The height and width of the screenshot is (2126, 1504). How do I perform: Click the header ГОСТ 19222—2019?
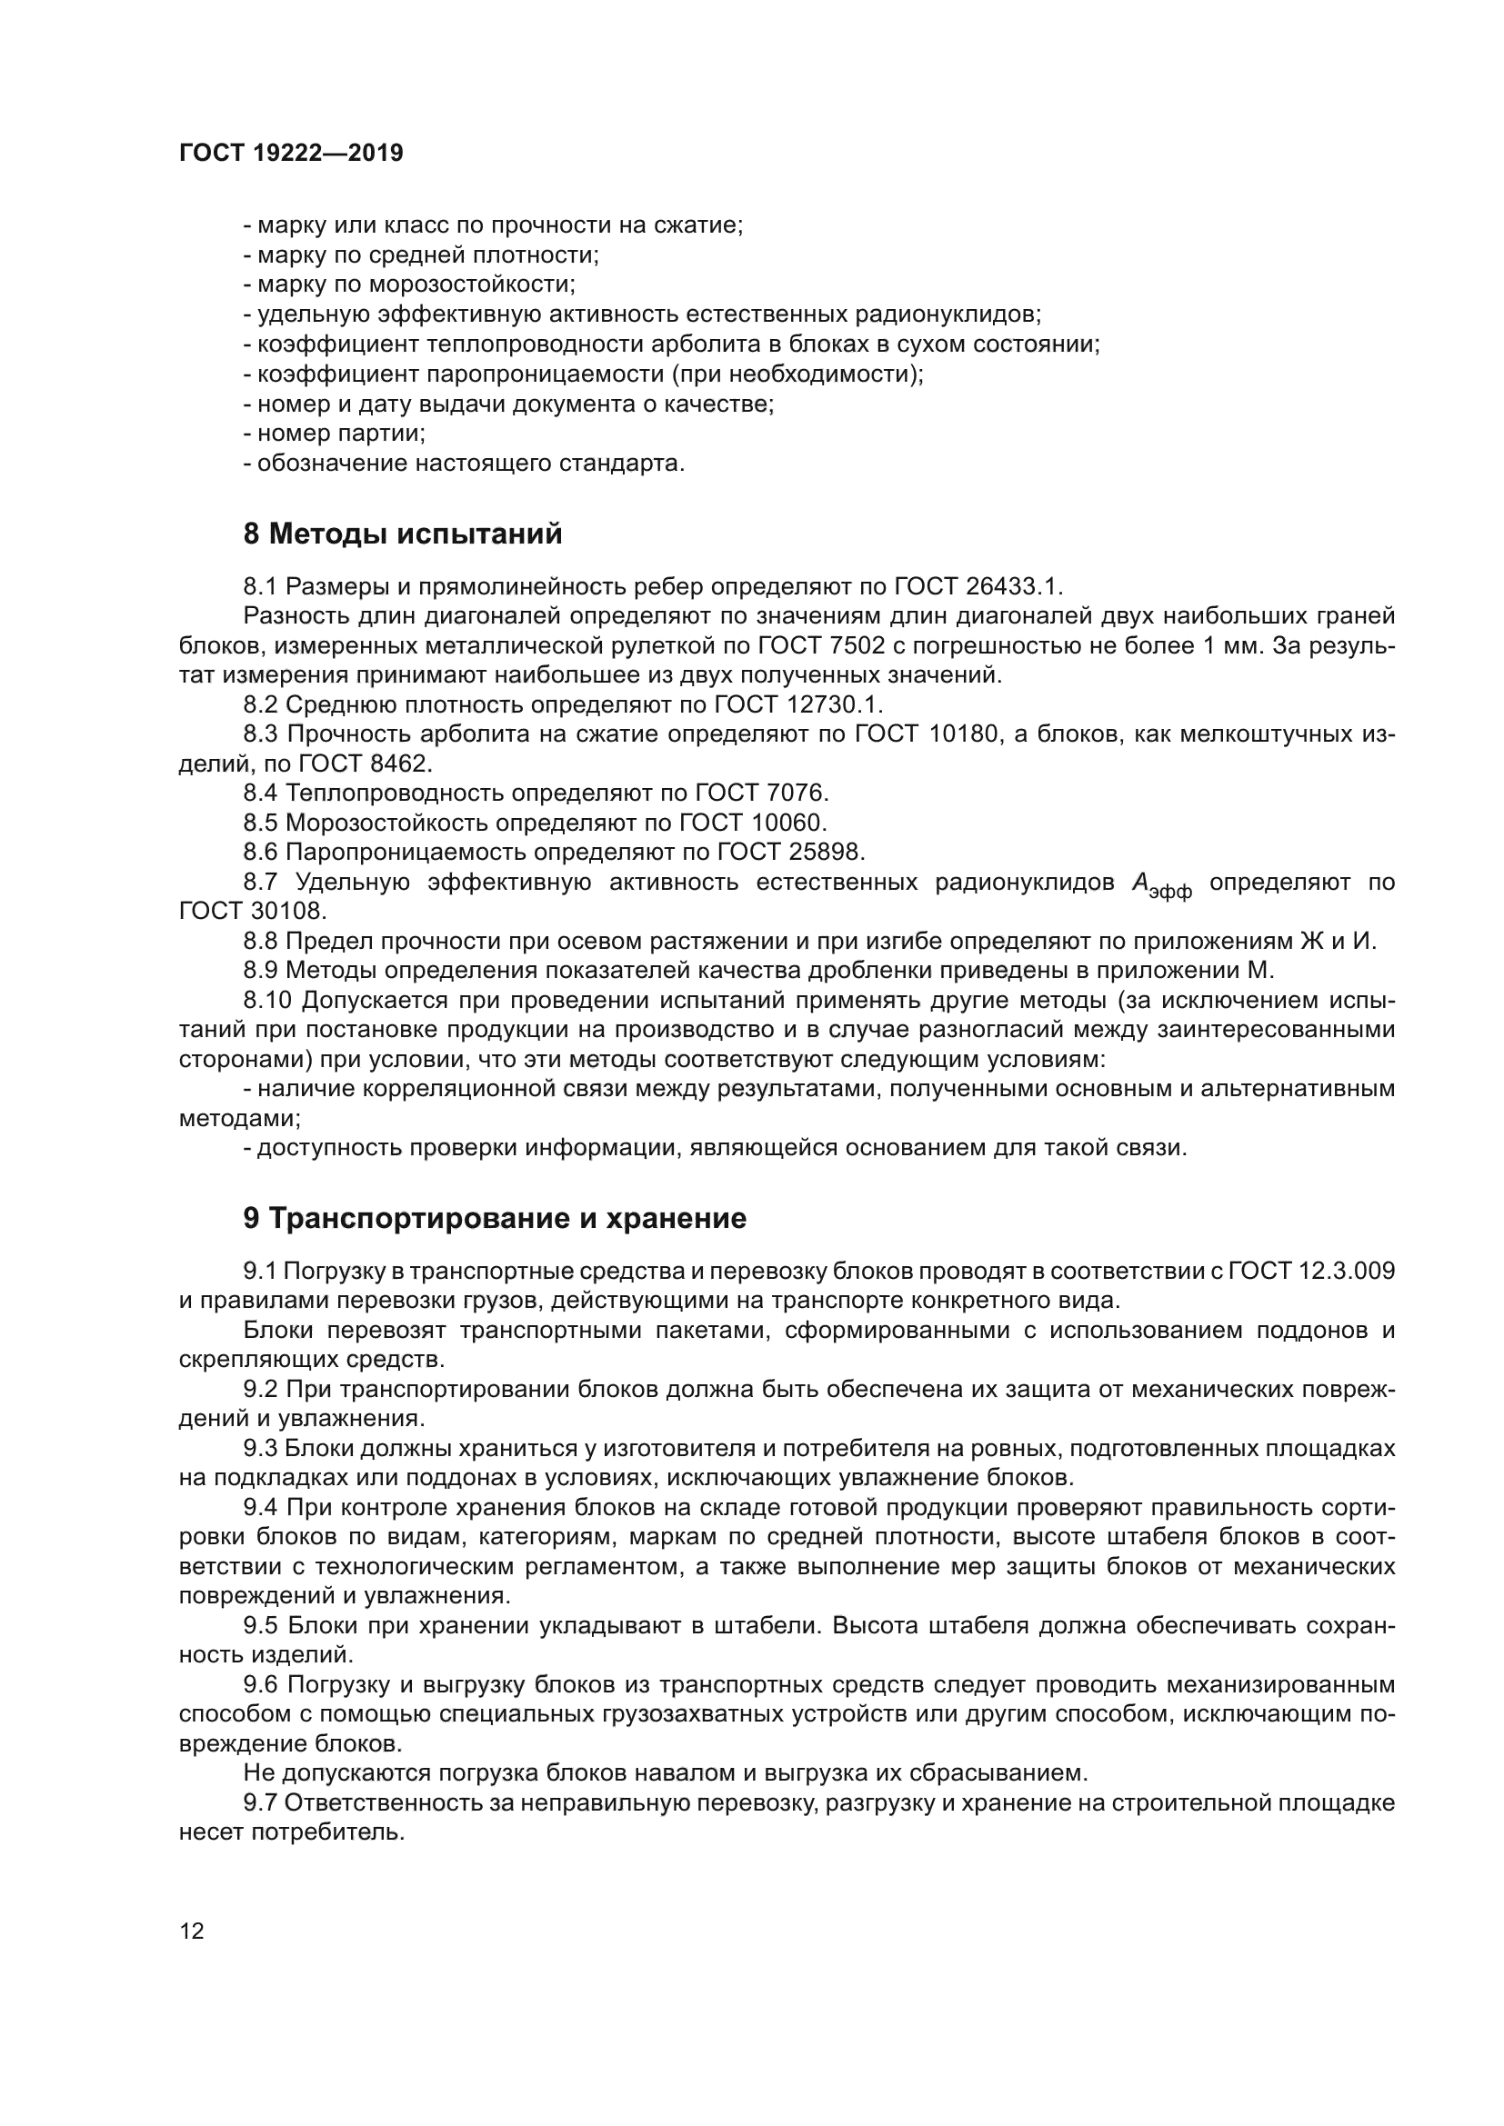(x=291, y=154)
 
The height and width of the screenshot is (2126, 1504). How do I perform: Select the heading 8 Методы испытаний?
(x=402, y=534)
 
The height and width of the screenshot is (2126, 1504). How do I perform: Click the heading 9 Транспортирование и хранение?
(x=495, y=1219)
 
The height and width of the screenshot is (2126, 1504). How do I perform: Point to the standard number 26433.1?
(x=1014, y=587)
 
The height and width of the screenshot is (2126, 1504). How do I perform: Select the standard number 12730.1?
(x=835, y=704)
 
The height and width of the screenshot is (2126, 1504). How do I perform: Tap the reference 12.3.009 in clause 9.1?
(x=1348, y=1271)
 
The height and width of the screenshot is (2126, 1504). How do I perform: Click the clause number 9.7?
(x=260, y=1802)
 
